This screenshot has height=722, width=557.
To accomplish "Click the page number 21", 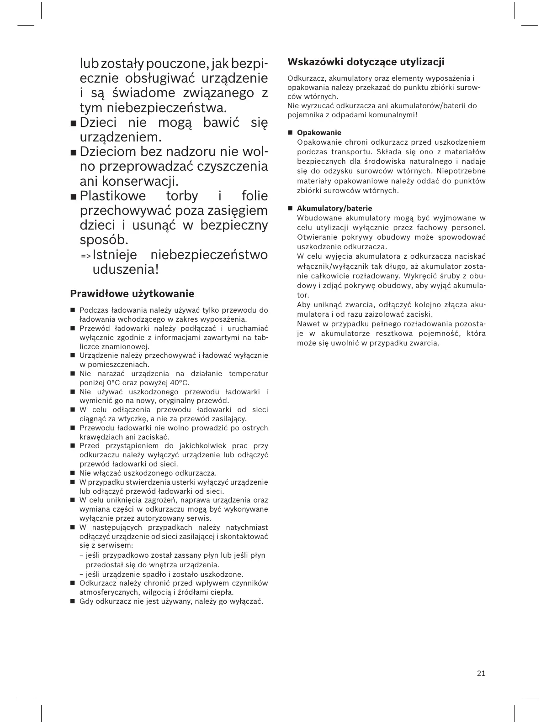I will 481,673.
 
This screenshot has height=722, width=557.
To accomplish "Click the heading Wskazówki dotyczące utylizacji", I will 366,62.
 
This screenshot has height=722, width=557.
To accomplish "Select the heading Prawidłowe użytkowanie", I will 132,293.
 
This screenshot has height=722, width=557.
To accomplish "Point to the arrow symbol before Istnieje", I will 85,256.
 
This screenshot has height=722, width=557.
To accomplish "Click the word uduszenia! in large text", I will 126,269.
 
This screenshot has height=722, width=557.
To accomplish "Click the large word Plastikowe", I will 113,196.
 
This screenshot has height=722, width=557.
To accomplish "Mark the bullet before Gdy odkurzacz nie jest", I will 72,602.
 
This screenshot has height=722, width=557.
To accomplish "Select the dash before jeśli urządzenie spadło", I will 81,575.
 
